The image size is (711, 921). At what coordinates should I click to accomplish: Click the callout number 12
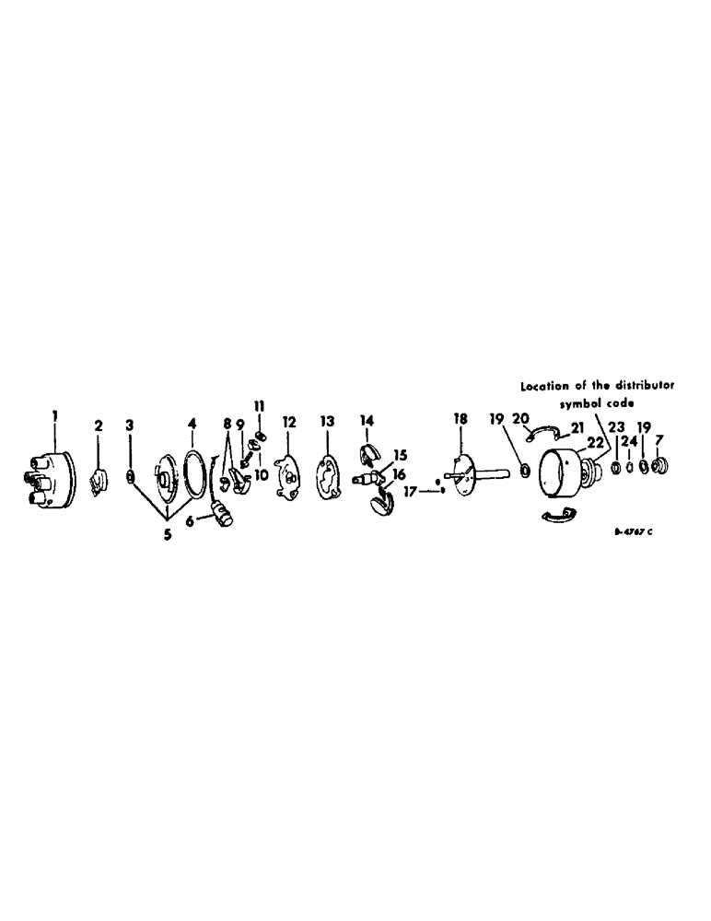click(289, 422)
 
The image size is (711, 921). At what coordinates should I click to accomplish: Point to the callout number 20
click(520, 418)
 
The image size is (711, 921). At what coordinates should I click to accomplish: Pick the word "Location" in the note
click(544, 387)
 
